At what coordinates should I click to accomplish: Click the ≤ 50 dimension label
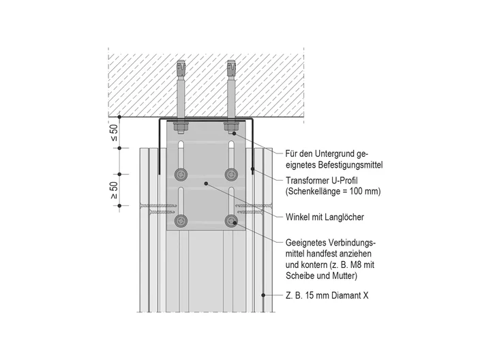click(114, 133)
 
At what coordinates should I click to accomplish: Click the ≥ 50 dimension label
click(114, 190)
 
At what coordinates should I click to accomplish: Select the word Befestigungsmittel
click(350, 165)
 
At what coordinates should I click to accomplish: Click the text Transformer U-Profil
click(321, 180)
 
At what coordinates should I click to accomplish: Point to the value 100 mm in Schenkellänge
click(363, 192)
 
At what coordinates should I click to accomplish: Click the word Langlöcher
click(346, 217)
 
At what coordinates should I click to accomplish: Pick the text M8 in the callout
click(357, 265)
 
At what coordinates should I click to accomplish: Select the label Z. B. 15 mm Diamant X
click(327, 295)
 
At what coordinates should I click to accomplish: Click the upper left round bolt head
click(181, 175)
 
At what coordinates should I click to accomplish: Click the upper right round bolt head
click(231, 175)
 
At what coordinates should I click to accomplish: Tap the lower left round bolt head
click(181, 220)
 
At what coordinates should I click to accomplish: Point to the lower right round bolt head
click(231, 220)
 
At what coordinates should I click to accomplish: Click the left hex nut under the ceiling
click(181, 126)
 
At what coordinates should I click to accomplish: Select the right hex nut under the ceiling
click(231, 126)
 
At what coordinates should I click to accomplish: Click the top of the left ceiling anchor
click(181, 61)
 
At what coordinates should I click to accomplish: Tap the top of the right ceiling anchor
click(231, 61)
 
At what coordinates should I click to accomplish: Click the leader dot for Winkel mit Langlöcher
click(206, 183)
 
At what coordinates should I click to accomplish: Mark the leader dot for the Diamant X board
click(263, 295)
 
